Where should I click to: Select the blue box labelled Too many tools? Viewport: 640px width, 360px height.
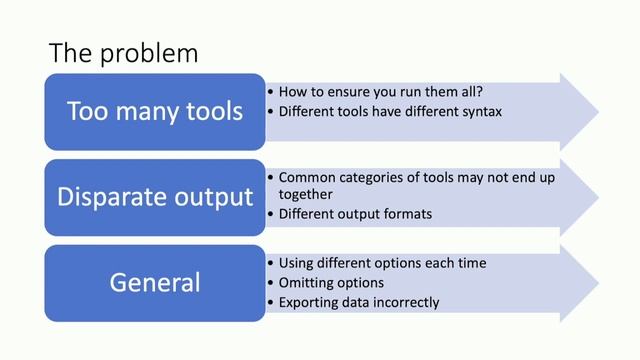click(x=155, y=111)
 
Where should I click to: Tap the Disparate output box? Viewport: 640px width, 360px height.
click(x=155, y=196)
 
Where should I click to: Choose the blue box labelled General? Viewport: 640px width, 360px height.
click(x=155, y=283)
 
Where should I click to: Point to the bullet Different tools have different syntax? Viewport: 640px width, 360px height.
click(x=390, y=111)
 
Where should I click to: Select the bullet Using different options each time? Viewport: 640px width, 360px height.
click(x=382, y=262)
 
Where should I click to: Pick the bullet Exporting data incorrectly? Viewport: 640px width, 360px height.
click(x=359, y=302)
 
